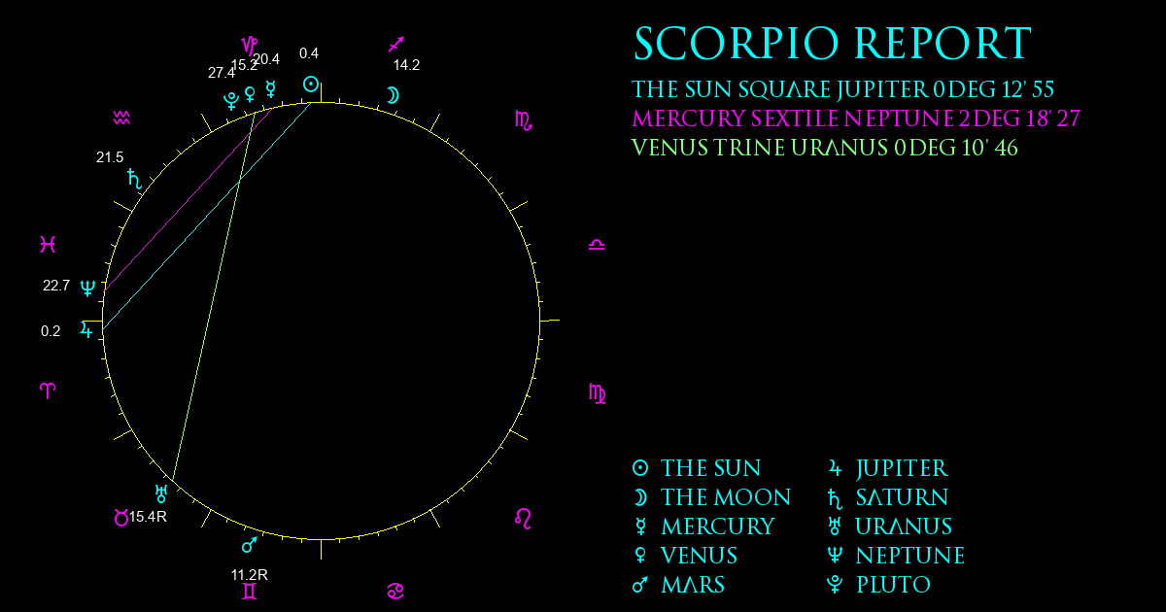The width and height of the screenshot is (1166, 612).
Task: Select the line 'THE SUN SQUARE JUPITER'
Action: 779,89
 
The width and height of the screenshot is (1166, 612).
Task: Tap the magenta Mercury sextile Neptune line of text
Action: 856,119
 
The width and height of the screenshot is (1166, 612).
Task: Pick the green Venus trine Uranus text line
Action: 825,148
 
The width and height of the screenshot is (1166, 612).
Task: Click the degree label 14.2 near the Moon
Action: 406,65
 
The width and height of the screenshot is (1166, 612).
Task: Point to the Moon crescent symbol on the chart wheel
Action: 393,96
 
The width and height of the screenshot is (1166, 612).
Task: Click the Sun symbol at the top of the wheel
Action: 311,85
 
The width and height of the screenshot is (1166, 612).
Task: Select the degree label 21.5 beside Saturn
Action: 109,157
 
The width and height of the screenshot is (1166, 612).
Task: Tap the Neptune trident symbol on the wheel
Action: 87,288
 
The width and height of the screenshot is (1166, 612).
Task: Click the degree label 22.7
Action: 55,286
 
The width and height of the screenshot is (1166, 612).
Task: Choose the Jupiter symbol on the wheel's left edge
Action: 86,330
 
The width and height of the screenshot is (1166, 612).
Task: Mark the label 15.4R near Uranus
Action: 148,517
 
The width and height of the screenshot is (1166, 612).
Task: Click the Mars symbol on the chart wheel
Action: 250,544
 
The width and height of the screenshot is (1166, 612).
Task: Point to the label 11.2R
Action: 250,575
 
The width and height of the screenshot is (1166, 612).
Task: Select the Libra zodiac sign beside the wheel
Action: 597,245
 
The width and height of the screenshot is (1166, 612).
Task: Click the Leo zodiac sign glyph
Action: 523,519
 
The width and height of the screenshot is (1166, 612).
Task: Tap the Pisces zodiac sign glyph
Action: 48,244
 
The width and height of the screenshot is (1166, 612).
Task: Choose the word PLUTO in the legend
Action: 893,585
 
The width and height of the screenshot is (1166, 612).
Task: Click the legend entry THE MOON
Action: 726,497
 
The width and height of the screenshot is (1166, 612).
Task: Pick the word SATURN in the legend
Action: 902,497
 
